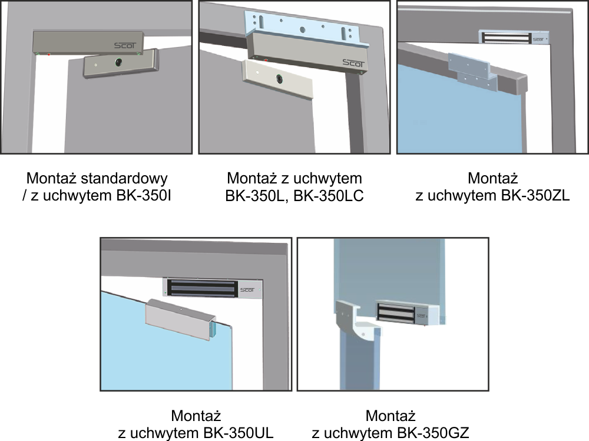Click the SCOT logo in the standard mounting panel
click(x=125, y=46)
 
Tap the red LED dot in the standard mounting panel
click(x=49, y=55)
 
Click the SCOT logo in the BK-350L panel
click(x=353, y=63)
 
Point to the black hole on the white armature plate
click(x=279, y=79)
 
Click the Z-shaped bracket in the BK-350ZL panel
click(x=473, y=72)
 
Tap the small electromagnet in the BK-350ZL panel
click(x=514, y=38)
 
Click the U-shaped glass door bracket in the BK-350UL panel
click(x=181, y=319)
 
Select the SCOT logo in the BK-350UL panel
click(x=247, y=290)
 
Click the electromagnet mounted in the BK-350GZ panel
click(x=408, y=312)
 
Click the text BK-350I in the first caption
click(x=144, y=196)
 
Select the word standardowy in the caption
click(x=124, y=179)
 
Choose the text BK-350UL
click(x=239, y=433)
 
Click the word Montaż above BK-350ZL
click(x=493, y=178)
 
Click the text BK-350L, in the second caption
click(x=257, y=196)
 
